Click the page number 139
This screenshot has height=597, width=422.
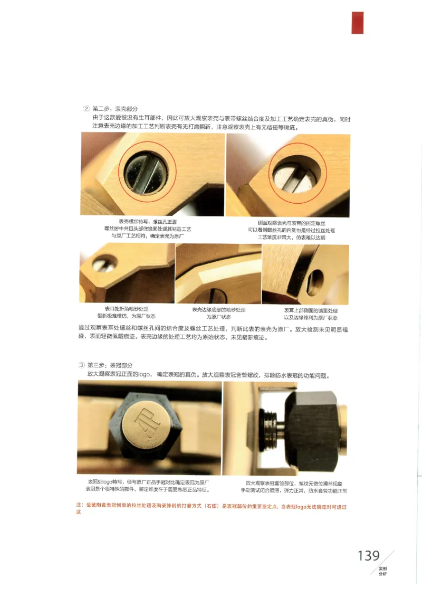[369, 556]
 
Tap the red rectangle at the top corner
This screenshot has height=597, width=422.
[358, 22]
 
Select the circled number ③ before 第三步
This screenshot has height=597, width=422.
[81, 365]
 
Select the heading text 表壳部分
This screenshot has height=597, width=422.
[127, 109]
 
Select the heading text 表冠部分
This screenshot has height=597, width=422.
[122, 365]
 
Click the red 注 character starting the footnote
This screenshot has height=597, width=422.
[79, 506]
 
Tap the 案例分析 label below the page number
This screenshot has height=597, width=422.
[382, 571]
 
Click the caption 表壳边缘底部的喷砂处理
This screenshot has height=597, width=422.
[218, 310]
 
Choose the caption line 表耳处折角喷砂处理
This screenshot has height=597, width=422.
[127, 308]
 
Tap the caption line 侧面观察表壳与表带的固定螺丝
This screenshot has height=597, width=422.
[291, 223]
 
